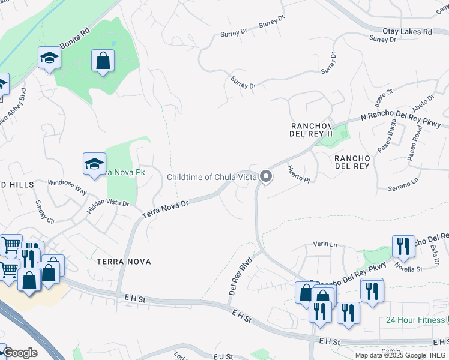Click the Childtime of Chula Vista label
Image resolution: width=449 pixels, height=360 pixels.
tap(211, 177)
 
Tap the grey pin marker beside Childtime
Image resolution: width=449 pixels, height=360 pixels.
tap(266, 177)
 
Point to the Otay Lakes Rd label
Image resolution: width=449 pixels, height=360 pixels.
tap(407, 31)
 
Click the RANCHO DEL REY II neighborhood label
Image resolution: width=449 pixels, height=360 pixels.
tap(311, 130)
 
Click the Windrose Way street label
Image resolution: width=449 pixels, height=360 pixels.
tap(67, 186)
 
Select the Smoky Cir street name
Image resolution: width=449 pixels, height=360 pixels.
tap(46, 211)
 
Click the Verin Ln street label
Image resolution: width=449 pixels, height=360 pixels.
tap(325, 244)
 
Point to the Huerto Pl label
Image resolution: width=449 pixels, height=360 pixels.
tap(298, 175)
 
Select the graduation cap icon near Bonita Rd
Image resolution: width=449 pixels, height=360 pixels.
tap(49, 58)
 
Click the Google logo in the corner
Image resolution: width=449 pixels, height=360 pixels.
tap(20, 353)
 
